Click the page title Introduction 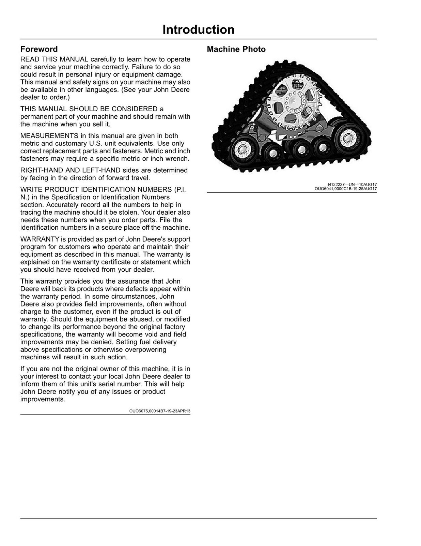[x=198, y=30]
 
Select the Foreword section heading [x=39, y=49]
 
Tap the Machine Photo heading [x=236, y=49]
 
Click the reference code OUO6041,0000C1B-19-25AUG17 [x=345, y=188]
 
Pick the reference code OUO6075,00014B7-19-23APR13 [x=159, y=411]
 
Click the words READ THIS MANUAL [x=54, y=59]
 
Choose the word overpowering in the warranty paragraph [x=145, y=349]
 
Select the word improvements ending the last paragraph [x=42, y=399]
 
